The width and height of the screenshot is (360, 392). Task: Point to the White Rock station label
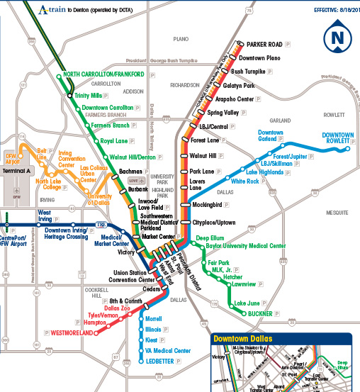coord(244,181)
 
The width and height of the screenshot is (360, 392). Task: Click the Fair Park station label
coord(220,263)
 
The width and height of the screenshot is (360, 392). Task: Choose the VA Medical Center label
coord(168,350)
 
